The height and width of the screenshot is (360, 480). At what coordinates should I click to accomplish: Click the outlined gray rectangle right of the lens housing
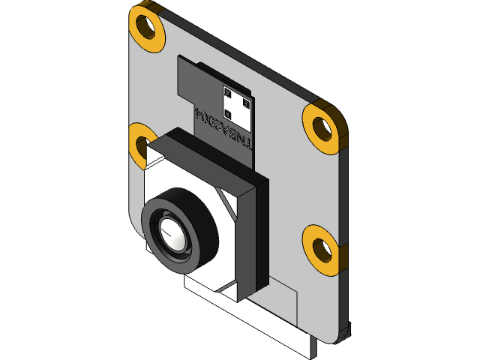pyautogui.click(x=282, y=296)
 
